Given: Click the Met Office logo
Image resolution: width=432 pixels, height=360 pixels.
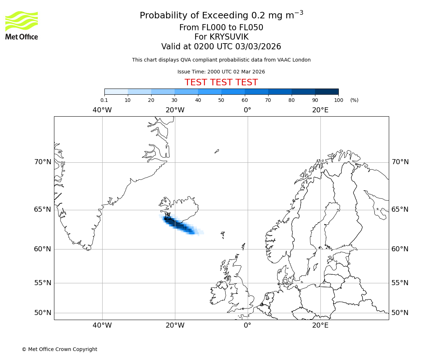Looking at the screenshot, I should point(22,25).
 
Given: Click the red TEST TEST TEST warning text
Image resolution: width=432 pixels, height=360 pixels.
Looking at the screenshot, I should point(221,82).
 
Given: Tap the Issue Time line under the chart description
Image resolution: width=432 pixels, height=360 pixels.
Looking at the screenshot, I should point(221,72).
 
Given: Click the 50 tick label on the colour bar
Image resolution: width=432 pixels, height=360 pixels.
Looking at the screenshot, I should point(221,100).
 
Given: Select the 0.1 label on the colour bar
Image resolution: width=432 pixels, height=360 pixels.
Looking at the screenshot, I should point(104,100).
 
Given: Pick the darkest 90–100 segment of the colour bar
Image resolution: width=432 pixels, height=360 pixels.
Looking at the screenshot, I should point(327,91).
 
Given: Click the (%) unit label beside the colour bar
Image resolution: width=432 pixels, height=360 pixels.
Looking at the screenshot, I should point(354,100).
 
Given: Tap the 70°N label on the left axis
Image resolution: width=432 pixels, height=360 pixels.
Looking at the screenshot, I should point(43,162).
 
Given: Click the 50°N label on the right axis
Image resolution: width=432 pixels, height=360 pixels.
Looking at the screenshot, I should point(400,313).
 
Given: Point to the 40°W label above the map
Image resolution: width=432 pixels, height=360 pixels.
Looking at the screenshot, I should point(102,110).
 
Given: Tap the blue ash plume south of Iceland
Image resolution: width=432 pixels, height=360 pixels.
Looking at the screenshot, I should point(180,225).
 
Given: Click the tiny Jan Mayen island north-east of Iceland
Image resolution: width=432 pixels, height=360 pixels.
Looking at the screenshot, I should point(217,151).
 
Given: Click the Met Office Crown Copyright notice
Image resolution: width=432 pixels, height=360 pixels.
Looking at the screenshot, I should point(59,350).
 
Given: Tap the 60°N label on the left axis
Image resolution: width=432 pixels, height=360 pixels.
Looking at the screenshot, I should point(43,249).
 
